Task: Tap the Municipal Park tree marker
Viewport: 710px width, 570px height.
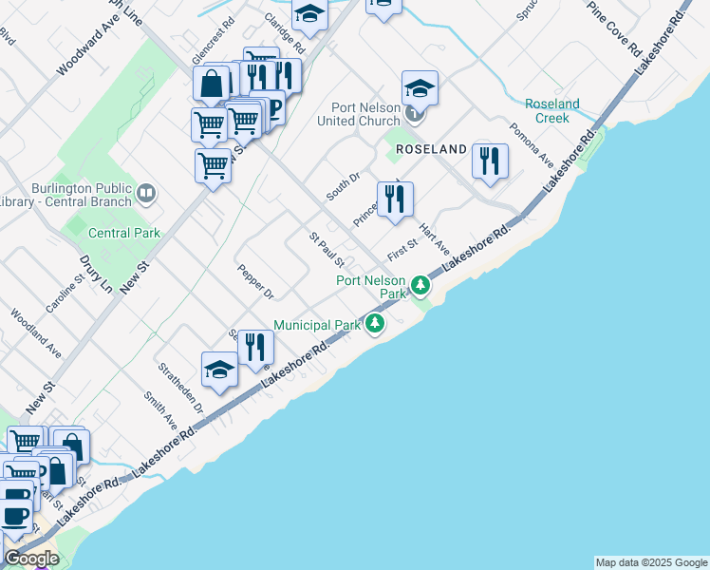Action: [x=376, y=325]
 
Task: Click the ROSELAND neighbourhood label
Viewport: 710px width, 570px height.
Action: [x=431, y=149]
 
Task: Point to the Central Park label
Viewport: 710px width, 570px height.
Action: [x=124, y=233]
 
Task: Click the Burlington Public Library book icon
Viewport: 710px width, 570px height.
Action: [x=145, y=195]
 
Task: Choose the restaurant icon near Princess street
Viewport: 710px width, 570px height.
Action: [x=395, y=199]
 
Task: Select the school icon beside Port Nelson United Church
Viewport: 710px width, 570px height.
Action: [x=420, y=89]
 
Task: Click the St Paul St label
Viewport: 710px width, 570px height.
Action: [x=326, y=248]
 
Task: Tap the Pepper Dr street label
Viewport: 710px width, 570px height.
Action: [x=255, y=281]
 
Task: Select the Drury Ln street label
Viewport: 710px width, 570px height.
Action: [x=96, y=274]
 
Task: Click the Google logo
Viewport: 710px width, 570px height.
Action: [x=30, y=559]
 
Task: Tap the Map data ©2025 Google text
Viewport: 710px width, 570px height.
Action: [x=651, y=562]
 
